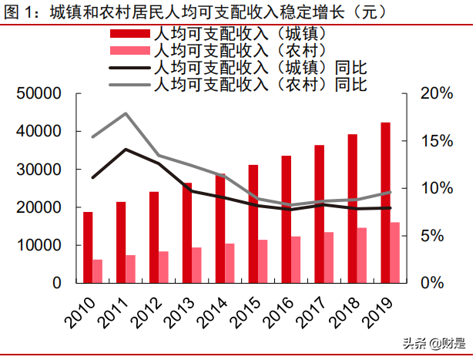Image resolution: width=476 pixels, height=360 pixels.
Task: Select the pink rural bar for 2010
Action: (98, 271)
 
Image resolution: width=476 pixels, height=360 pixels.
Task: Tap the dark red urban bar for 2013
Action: (186, 233)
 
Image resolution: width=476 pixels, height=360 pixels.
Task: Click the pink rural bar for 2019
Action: (394, 253)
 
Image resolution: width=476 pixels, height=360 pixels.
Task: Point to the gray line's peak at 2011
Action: (125, 113)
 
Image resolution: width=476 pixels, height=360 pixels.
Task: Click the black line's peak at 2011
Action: (125, 150)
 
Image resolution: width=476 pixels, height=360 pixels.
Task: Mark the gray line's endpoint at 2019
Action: (390, 192)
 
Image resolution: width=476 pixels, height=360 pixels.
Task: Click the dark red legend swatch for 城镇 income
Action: (131, 35)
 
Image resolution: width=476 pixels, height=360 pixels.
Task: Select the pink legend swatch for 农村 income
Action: (131, 51)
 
